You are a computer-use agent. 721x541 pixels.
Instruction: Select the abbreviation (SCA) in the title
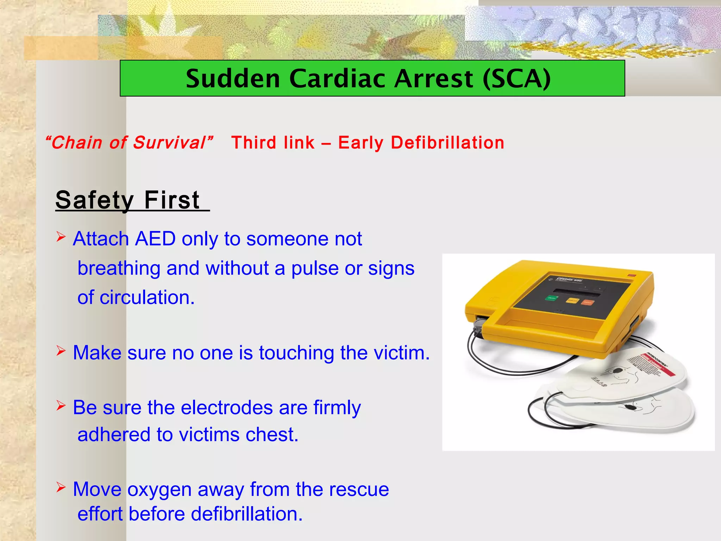point(516,78)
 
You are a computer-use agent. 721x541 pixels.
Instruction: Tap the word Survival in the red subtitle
point(169,143)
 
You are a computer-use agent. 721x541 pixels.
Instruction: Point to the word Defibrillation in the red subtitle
point(447,143)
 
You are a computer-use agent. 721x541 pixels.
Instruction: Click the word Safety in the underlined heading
point(94,200)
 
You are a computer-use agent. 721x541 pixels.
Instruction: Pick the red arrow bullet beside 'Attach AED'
point(61,237)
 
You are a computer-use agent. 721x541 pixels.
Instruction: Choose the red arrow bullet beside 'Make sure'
point(61,350)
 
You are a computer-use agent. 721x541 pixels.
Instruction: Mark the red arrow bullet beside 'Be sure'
point(61,406)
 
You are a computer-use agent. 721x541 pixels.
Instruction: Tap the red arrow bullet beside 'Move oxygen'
point(61,487)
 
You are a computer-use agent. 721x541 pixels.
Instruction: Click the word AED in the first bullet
point(155,239)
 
